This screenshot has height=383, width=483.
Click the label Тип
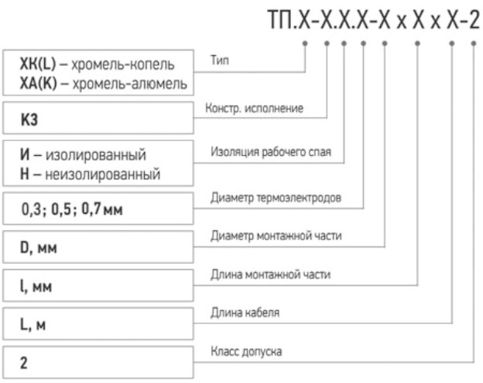(x=219, y=58)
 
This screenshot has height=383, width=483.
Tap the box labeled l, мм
(x=98, y=287)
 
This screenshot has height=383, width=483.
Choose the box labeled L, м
(x=98, y=325)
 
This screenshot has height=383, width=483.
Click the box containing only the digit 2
(x=98, y=362)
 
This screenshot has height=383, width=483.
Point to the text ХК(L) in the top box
(x=33, y=64)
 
